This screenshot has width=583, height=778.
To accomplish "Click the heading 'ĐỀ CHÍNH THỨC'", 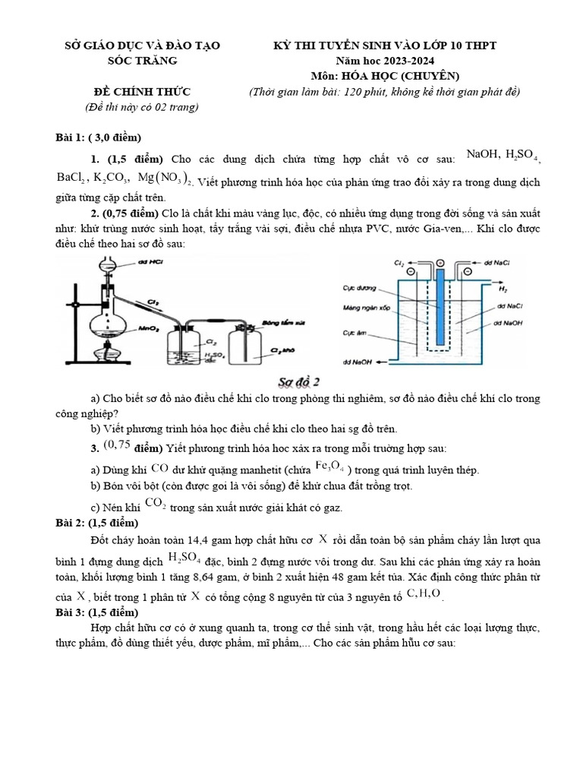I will pyautogui.click(x=141, y=92).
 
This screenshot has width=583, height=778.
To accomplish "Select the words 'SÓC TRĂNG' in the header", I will pyautogui.click(x=141, y=61).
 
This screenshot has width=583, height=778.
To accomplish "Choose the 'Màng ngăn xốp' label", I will pyautogui.click(x=367, y=308).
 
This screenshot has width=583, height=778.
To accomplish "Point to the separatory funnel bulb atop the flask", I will pyautogui.click(x=105, y=267).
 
